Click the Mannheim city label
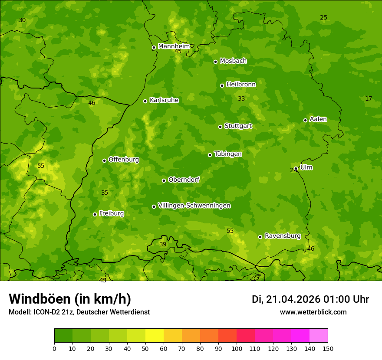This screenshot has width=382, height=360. [x=174, y=46]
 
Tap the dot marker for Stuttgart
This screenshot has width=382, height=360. [x=220, y=127]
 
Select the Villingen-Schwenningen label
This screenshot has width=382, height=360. [x=194, y=206]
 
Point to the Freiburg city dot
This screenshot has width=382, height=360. [x=95, y=214]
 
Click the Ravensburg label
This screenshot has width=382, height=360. [x=282, y=236]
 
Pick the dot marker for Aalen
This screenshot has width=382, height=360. [x=305, y=120]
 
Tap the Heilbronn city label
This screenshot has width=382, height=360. [x=241, y=85]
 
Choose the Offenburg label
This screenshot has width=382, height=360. [x=124, y=160]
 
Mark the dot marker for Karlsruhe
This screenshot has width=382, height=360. [x=145, y=101]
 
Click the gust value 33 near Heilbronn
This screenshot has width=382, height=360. [x=241, y=99]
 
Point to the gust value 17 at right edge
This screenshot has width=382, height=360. [x=369, y=99]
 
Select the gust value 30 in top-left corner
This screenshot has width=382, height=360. [x=22, y=20]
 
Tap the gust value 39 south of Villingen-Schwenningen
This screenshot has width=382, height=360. [x=163, y=245]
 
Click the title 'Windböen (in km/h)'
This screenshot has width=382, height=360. [x=70, y=299]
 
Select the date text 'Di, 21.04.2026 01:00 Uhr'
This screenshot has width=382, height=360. [x=310, y=299]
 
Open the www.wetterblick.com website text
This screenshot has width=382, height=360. [x=313, y=312]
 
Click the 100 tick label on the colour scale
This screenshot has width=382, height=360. [x=237, y=348]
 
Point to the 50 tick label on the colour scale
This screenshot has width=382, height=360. [x=145, y=348]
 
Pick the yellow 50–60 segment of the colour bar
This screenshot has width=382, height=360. [x=155, y=336]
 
